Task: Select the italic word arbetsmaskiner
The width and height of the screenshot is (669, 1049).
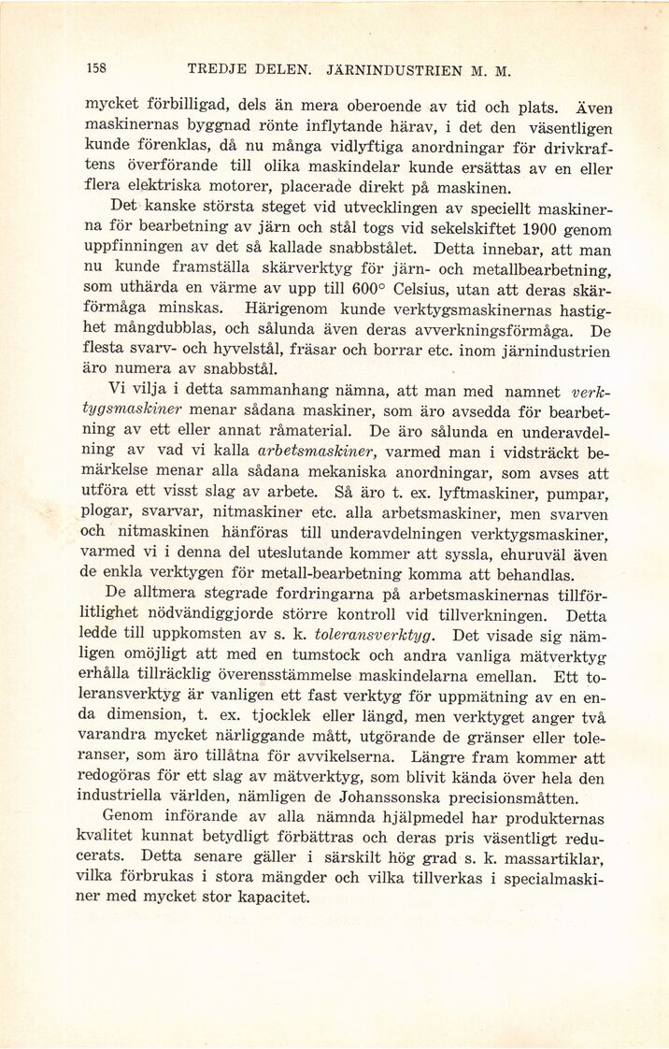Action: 310,452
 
